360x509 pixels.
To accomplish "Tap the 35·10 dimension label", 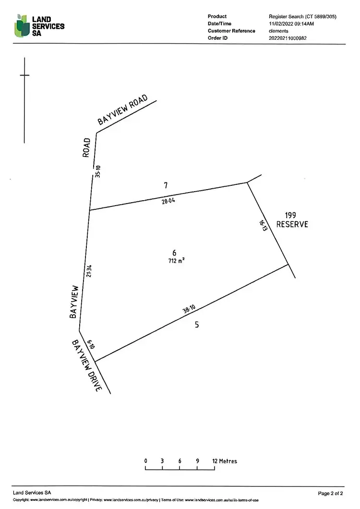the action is [98, 171].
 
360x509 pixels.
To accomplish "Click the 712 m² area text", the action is [174, 261].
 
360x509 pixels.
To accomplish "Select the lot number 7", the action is [166, 185].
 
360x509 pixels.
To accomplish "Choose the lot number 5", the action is [197, 325].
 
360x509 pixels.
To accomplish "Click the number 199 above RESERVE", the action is [291, 216].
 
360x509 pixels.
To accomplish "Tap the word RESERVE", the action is [292, 224].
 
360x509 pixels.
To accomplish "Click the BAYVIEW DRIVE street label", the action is [87, 366].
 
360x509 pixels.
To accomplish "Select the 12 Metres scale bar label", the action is [225, 461].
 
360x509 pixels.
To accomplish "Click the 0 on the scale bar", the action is [145, 461].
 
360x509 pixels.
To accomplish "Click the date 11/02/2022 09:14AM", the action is [291, 24].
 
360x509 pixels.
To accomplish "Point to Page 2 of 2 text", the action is [331, 493].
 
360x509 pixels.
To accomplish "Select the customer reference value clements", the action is [278, 31].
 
